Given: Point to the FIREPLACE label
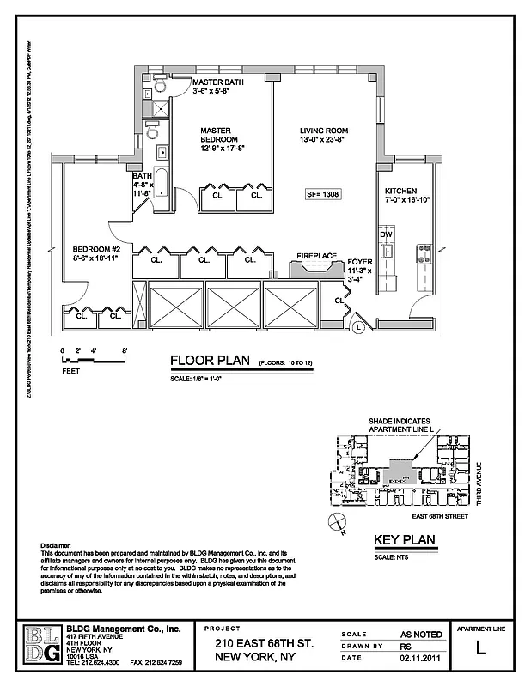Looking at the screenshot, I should [315, 256].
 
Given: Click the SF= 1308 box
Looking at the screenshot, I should [323, 195].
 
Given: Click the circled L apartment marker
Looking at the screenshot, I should [358, 325].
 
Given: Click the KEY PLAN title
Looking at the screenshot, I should [405, 540].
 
